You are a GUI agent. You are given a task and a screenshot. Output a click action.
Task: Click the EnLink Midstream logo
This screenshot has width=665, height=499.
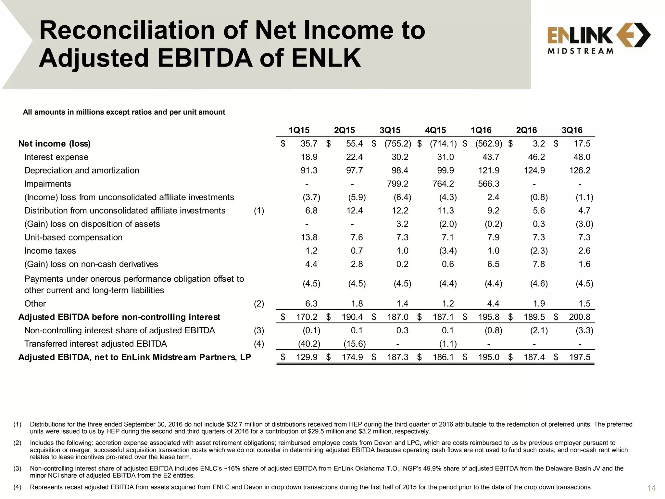click(598, 38)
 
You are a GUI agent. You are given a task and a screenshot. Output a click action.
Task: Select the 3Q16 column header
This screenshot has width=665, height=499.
click(572, 130)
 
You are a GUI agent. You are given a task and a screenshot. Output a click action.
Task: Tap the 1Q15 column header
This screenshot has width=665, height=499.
click(299, 130)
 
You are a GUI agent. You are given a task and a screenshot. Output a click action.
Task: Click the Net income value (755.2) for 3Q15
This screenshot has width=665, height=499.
click(398, 144)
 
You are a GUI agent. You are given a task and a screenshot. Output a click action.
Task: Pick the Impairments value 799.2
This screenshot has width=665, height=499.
click(398, 184)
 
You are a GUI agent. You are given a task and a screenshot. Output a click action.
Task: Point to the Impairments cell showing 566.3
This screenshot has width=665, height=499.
click(489, 184)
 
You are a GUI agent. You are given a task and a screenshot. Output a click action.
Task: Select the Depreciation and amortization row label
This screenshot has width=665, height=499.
click(82, 171)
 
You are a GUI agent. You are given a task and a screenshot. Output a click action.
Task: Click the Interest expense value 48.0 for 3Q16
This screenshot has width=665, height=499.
click(582, 157)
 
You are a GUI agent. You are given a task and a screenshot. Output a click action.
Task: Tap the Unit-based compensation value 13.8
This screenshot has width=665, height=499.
click(309, 237)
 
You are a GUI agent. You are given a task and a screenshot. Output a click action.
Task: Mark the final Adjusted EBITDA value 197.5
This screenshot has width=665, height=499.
click(580, 357)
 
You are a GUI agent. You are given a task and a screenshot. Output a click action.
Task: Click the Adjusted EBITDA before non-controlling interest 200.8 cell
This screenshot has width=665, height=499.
click(580, 317)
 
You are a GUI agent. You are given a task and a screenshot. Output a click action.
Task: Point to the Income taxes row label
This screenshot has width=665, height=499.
click(50, 251)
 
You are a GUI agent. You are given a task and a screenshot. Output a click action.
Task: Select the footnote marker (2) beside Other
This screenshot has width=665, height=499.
click(259, 304)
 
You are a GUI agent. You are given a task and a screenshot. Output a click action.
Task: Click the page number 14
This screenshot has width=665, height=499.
click(651, 488)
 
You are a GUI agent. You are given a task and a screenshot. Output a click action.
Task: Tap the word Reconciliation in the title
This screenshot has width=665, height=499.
click(127, 30)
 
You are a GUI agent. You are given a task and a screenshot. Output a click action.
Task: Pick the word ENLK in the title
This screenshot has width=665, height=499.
click(326, 58)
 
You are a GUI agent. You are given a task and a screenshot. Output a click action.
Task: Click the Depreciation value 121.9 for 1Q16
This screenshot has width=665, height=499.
click(489, 171)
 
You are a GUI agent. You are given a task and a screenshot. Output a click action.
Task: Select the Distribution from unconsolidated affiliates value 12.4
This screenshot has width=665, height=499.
click(354, 211)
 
